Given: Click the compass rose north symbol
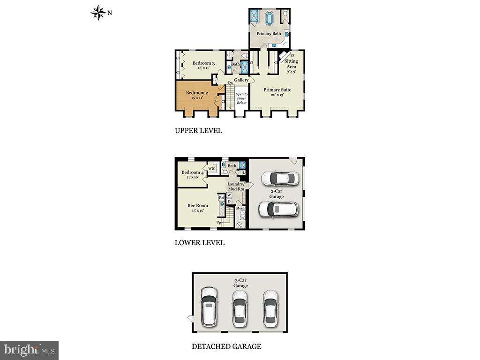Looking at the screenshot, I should (x=98, y=13).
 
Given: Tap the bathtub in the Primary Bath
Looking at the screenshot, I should (x=270, y=19).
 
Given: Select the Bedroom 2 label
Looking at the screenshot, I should (x=196, y=93).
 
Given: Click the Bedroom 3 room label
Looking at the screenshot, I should (x=203, y=64).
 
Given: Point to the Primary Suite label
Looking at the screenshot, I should (x=277, y=90).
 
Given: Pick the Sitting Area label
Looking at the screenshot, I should (x=291, y=64).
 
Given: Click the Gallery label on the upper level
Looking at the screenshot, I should (x=241, y=80).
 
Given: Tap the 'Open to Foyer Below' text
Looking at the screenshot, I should (x=241, y=98).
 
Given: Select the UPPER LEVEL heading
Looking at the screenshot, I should (x=198, y=131).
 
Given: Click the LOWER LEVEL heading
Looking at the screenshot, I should (x=200, y=243).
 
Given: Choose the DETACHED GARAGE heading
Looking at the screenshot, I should (x=226, y=346).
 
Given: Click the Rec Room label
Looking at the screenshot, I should (x=197, y=205).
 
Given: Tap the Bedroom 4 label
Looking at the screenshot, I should (x=192, y=172).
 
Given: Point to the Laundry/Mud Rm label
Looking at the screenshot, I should (x=236, y=187).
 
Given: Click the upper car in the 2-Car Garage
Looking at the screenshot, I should (x=280, y=178).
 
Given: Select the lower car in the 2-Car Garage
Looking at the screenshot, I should (x=278, y=210).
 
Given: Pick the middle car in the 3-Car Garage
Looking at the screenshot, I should (x=240, y=307).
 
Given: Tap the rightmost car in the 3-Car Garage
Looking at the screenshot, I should (x=270, y=307).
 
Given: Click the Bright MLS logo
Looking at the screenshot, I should (x=29, y=350).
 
